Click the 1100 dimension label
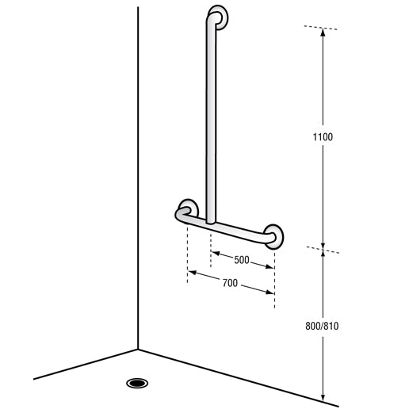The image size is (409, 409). click(323, 137)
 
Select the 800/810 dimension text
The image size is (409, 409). click(323, 325)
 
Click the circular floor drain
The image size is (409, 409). click(138, 384)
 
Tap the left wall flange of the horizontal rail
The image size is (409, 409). click(188, 209)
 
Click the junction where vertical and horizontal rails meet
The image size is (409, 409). click(210, 223)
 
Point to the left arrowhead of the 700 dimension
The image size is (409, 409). click(190, 273)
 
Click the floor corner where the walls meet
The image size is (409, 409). click(138, 349)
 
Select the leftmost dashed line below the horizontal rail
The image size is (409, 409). click(187, 254)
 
